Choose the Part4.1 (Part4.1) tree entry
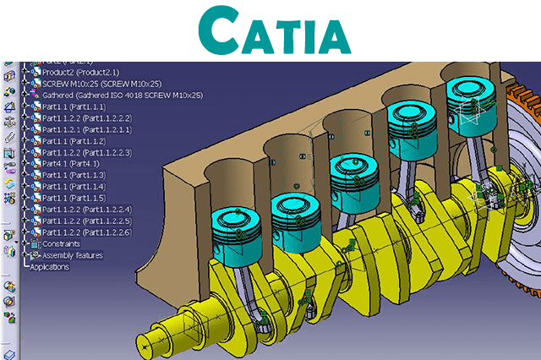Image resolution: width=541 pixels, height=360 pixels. coord(73,163)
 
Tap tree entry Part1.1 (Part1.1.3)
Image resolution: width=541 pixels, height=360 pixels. coord(73,174)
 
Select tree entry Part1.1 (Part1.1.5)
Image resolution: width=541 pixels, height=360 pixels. coord(73,197)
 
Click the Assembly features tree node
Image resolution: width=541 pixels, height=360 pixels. coord(72,254)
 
